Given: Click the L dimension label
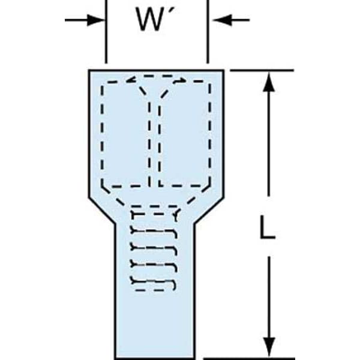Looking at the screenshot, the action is tap(267, 227).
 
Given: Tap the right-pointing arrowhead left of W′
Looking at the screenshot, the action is tap(96, 20).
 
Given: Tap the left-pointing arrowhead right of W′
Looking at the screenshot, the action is tap(221, 20).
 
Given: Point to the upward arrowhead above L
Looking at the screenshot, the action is tap(269, 82).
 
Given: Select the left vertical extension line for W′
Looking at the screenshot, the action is tap(106, 31).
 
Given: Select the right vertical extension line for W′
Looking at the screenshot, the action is tap(208, 31).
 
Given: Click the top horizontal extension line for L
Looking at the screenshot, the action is tap(262, 70).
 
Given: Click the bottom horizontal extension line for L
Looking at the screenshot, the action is tap(249, 358).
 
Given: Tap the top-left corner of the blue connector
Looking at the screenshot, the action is tap(89, 70).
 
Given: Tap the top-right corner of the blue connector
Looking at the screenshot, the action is tap(223, 70).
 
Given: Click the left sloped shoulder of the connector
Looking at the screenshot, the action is tap(101, 210).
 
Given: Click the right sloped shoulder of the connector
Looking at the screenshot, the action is tap(209, 210).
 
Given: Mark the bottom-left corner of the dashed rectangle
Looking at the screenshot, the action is tap(103, 186).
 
